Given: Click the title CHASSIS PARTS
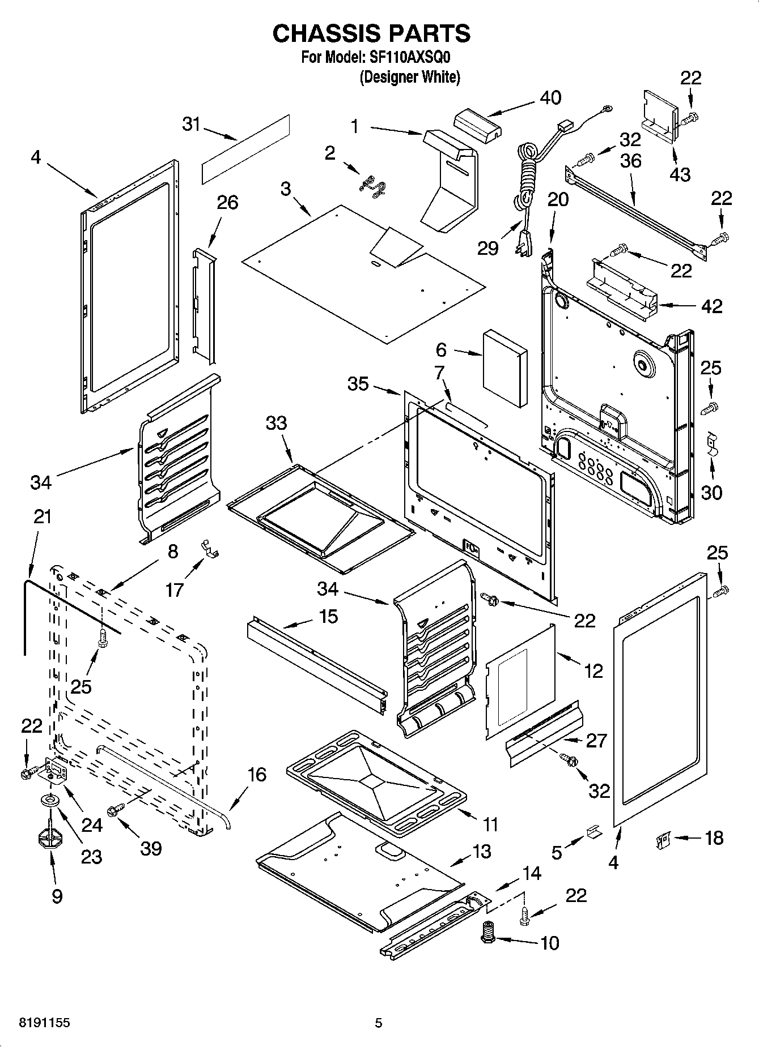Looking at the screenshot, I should point(371,33).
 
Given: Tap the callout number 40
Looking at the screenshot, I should point(550,98).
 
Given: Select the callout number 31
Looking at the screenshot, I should point(192,124).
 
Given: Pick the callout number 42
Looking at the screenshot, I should point(711,306).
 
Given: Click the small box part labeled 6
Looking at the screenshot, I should point(504,368).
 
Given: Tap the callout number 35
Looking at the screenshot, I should point(358,384).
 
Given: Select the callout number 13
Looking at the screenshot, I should point(481,851).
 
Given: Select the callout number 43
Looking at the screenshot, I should point(680,174).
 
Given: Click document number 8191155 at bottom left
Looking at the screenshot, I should point(37,1023).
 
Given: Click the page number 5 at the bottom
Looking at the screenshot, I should point(378,1023).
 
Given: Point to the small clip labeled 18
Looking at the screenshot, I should point(662,839).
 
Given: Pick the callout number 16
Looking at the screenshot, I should point(257,774).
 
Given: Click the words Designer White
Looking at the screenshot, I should point(409,77).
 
